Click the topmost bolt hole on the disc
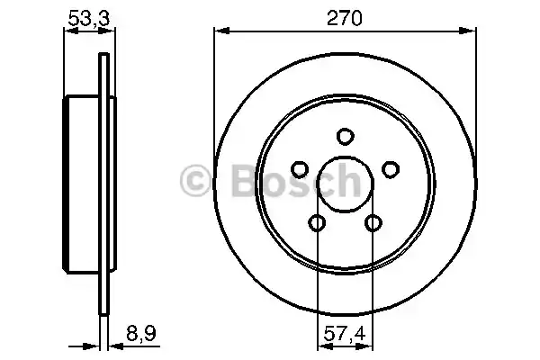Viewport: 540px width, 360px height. [x=344, y=136]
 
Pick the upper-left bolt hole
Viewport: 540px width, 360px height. [x=299, y=168]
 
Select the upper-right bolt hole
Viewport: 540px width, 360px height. [x=390, y=168]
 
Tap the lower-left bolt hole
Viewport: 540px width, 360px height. [x=316, y=222]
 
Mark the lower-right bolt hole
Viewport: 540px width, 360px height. [x=373, y=222]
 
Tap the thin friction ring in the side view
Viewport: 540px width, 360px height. [x=103, y=184]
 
